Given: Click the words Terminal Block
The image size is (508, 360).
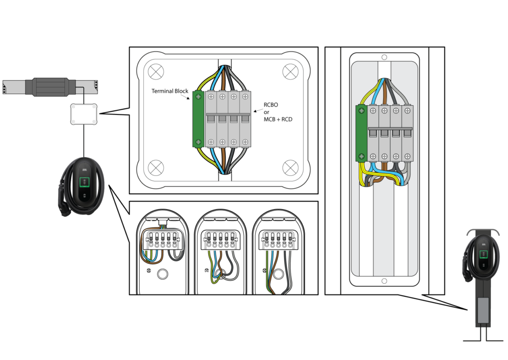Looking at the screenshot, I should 170,91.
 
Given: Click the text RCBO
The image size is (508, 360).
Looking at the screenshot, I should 272,105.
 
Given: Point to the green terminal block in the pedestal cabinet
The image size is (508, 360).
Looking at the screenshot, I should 361,133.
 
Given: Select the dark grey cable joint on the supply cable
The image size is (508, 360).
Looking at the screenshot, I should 50,86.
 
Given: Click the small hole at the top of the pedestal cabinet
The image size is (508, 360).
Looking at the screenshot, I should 385,57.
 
